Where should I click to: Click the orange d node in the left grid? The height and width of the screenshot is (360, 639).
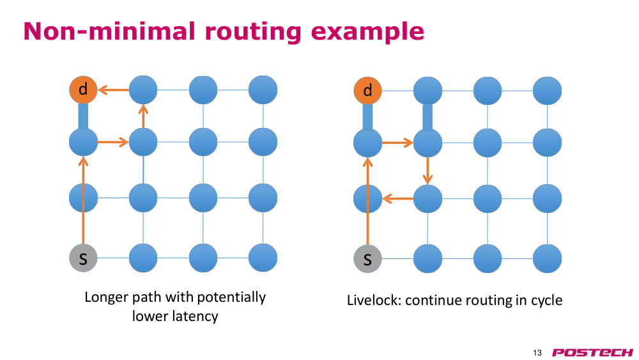(83, 90)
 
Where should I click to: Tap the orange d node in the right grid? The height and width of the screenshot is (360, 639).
(367, 90)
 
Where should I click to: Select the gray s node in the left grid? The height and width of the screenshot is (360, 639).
(83, 258)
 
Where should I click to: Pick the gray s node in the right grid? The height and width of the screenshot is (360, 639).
(367, 259)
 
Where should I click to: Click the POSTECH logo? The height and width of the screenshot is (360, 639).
(592, 352)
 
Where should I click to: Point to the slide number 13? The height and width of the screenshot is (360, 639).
(537, 353)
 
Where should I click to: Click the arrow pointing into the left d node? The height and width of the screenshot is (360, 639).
(114, 90)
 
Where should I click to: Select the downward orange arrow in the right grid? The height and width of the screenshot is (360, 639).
(427, 171)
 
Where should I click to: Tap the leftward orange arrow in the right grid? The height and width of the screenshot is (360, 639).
(397, 199)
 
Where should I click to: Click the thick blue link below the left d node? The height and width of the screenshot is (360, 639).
(83, 116)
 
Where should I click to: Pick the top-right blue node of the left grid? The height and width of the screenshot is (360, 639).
(263, 90)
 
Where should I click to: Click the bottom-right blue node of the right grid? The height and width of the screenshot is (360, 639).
(548, 259)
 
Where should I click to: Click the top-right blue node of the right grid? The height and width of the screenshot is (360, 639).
(548, 90)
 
